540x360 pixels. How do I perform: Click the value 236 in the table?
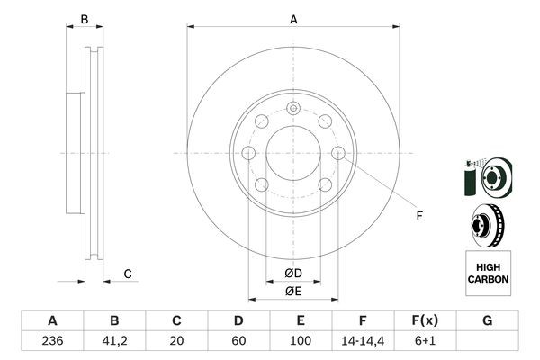point(52,341)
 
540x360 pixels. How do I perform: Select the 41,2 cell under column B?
point(114,341)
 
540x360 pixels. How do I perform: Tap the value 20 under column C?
point(176,341)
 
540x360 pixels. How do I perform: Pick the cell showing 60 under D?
point(238,341)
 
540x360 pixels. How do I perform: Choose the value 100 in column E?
point(301,341)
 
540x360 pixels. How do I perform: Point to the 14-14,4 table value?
point(363,341)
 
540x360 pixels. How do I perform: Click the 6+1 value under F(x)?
point(425,341)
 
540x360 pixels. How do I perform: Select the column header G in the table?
point(487,320)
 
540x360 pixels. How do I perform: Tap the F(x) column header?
point(425,320)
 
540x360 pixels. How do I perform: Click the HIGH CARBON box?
point(487,274)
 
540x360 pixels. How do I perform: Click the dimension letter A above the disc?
point(293,20)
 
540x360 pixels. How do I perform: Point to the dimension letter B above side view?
point(85,20)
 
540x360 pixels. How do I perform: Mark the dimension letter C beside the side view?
point(128,274)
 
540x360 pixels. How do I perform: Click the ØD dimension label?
point(293,274)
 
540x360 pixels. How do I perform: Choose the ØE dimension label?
point(293,291)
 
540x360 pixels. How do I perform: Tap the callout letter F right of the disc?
point(418,214)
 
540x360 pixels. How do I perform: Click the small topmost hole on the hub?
point(293,109)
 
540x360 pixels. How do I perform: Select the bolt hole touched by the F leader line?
point(338,154)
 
